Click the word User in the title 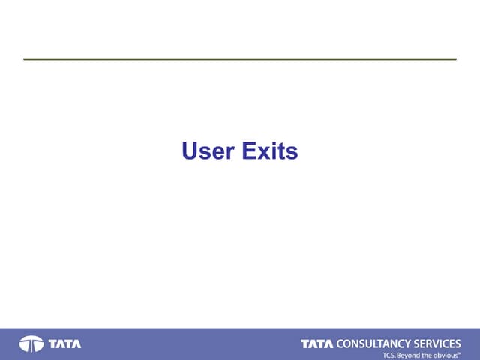click(x=208, y=152)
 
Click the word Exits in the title click(x=270, y=152)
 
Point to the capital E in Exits click(x=248, y=152)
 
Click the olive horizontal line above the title click(x=240, y=59)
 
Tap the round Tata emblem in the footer click(x=31, y=344)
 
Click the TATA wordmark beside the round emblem click(x=65, y=344)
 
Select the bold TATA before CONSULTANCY click(x=316, y=343)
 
